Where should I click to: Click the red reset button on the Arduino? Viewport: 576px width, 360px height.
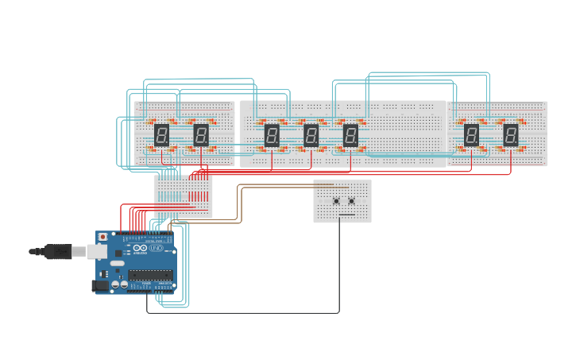click(x=102, y=237)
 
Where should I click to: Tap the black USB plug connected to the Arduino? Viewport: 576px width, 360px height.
click(x=57, y=251)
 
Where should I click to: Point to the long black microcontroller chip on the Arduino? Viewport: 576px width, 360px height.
click(x=151, y=276)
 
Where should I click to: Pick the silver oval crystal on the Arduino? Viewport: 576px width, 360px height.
click(x=117, y=262)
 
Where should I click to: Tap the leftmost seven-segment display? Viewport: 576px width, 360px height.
click(x=161, y=135)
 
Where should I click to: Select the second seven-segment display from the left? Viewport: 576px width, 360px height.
click(x=201, y=135)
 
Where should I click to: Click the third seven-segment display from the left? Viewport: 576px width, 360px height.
click(x=272, y=135)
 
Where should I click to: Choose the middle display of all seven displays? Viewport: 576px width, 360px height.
click(x=311, y=135)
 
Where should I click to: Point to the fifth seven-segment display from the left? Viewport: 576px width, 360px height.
click(x=350, y=135)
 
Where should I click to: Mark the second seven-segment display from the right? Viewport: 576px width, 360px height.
click(x=472, y=135)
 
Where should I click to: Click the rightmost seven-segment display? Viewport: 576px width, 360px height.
click(x=511, y=135)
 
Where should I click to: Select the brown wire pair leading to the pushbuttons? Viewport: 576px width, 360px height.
click(x=278, y=186)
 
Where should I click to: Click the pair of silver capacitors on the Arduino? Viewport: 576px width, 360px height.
click(x=120, y=283)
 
